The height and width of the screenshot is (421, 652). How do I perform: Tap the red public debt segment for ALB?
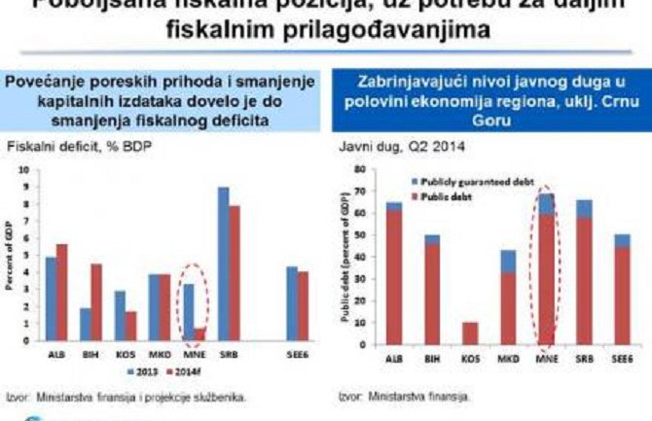click(x=393, y=277)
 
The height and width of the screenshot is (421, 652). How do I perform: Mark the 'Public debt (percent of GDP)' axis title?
click(x=344, y=258)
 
